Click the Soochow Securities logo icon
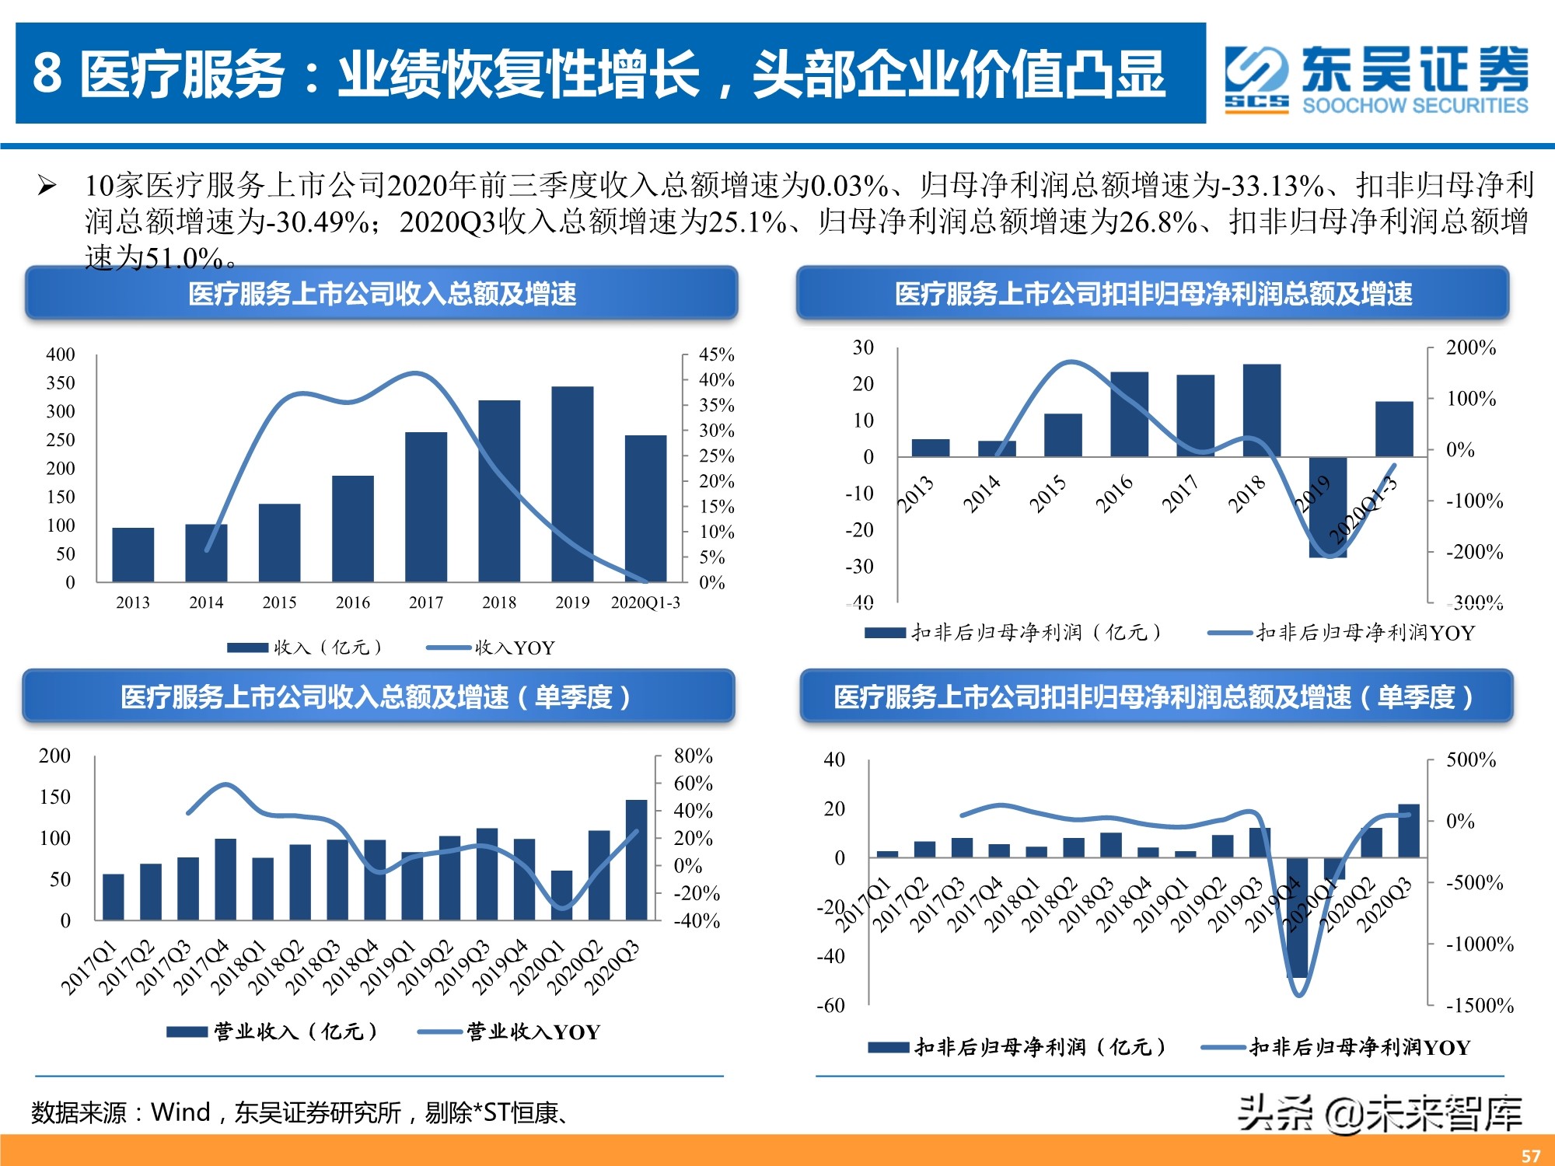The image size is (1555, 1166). (x=1256, y=79)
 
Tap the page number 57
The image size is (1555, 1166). (x=1531, y=1155)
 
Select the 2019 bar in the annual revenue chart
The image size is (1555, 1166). (x=572, y=484)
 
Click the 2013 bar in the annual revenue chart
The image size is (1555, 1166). (x=133, y=554)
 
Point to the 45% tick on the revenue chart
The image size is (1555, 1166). (x=715, y=354)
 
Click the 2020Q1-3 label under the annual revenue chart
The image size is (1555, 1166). (x=645, y=602)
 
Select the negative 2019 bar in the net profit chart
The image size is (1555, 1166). (x=1327, y=507)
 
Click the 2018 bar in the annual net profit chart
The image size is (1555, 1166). (x=1261, y=410)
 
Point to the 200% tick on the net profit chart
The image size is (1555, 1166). (x=1470, y=347)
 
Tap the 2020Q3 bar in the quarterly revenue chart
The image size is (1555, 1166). (x=636, y=860)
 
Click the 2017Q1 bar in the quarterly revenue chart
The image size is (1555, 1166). (x=114, y=897)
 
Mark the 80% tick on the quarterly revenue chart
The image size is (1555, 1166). (x=692, y=756)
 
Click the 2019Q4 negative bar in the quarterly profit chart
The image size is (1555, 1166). (x=1297, y=917)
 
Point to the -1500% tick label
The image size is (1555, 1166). (x=1479, y=1006)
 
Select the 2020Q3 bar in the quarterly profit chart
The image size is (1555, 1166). (x=1409, y=830)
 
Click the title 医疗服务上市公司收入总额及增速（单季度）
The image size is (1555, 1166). (x=377, y=696)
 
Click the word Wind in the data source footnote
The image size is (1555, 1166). (x=180, y=1112)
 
